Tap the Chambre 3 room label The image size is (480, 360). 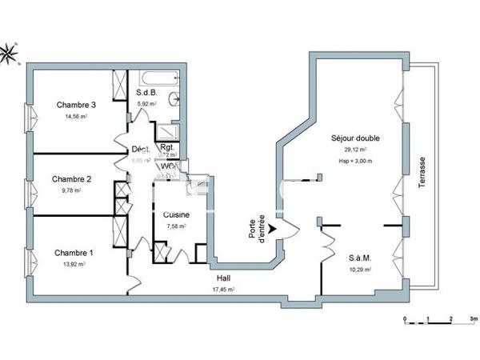coord(76,105)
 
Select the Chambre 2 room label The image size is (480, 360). coord(71,179)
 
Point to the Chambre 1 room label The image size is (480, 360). coord(74,253)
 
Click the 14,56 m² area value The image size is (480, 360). coord(76,117)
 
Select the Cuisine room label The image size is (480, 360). coord(175,214)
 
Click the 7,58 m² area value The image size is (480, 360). coord(175,226)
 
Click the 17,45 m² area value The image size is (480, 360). coord(223,289)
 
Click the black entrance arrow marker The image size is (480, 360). coord(273,228)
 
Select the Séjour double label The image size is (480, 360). coord(355,138)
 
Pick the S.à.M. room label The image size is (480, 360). coord(359,258)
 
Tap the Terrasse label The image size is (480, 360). coord(422,172)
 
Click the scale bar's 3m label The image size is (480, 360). coord(474,318)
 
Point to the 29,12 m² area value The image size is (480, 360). coord(355,150)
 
